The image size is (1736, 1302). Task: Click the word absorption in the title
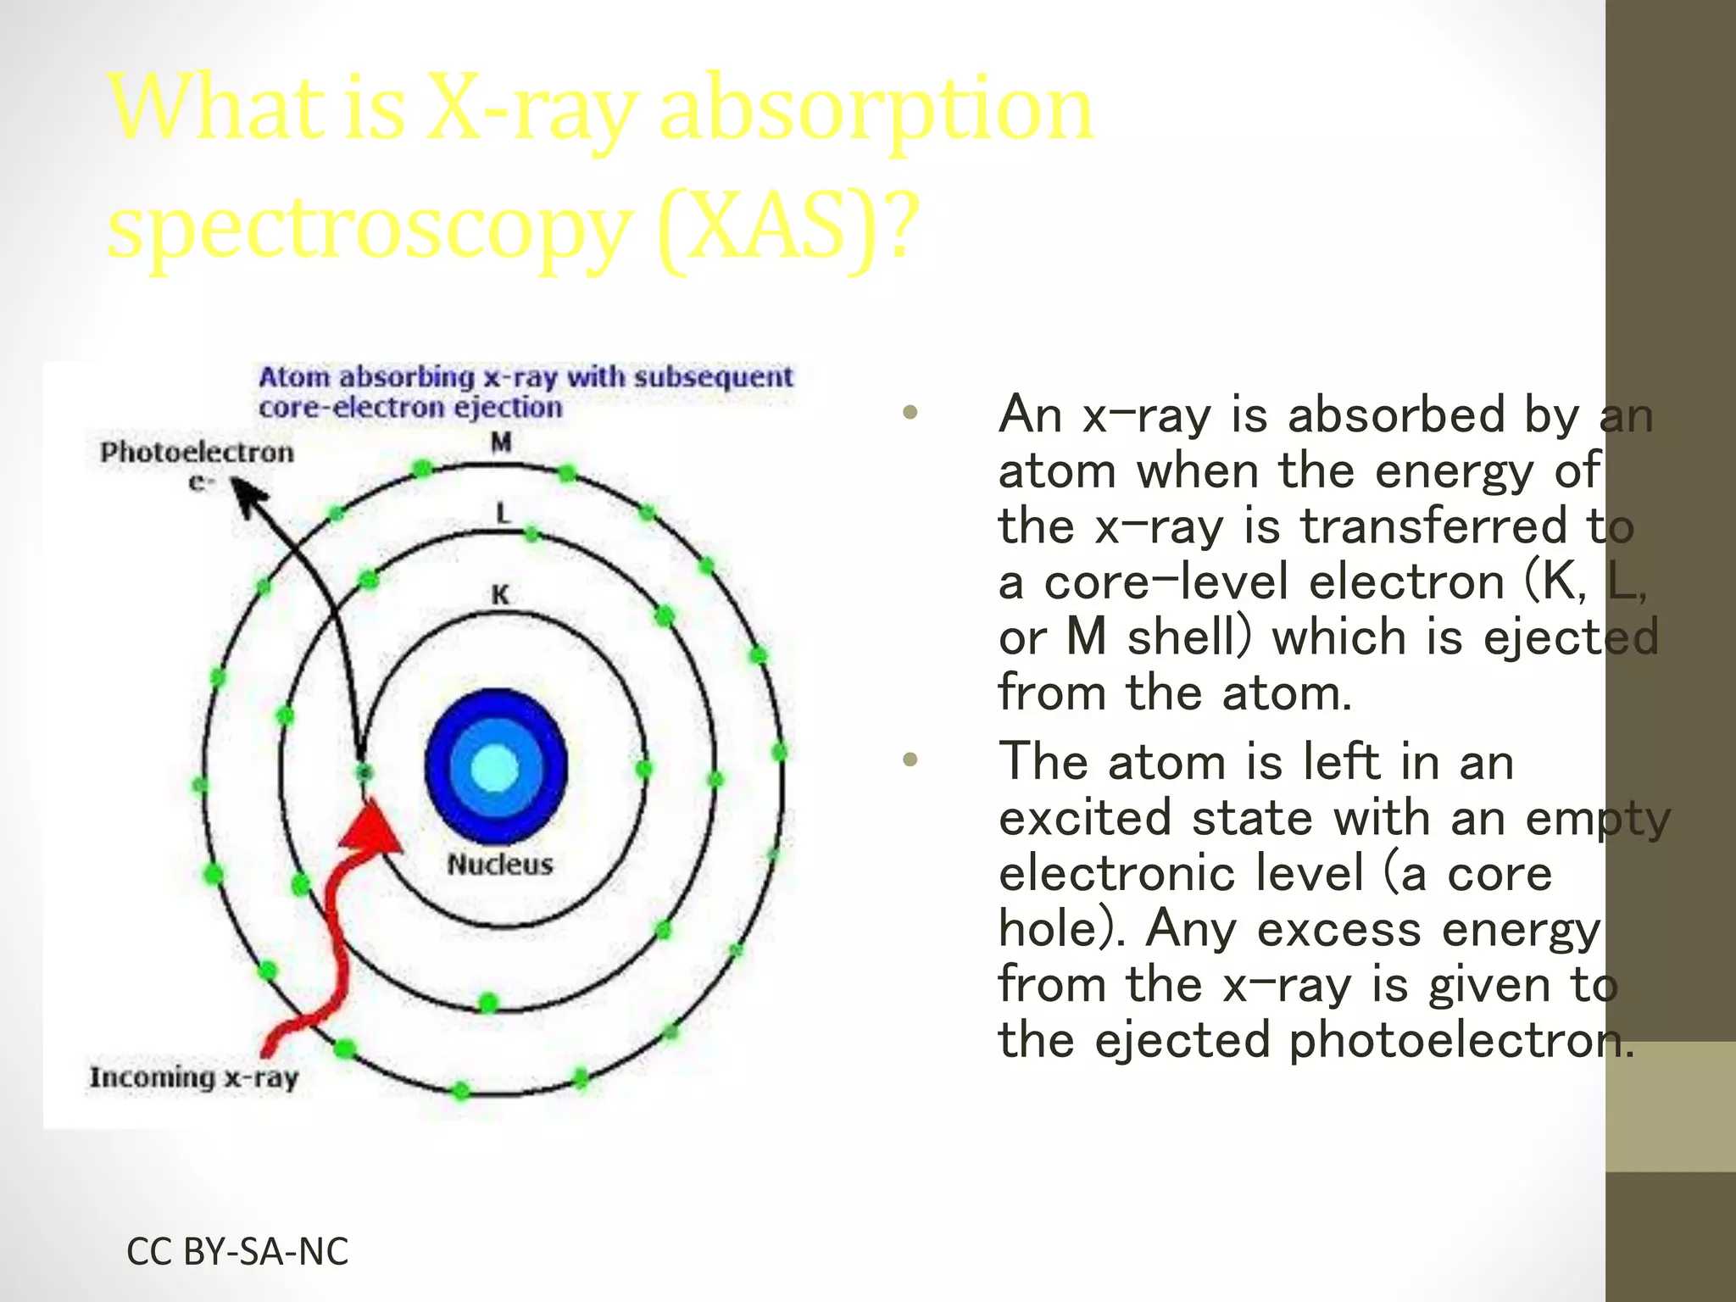(876, 110)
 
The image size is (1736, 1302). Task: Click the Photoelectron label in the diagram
(197, 453)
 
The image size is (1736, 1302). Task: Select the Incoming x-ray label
(194, 1077)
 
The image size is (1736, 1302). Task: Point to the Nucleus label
(500, 865)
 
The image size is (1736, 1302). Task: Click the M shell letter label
(502, 442)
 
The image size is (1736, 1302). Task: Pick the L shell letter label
(503, 513)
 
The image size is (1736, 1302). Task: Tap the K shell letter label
(501, 595)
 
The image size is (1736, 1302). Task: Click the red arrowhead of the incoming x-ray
(373, 827)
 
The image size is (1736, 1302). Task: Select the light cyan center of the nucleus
(494, 769)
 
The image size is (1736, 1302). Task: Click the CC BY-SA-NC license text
(237, 1252)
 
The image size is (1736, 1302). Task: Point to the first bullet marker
(910, 414)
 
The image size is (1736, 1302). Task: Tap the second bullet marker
(910, 760)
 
